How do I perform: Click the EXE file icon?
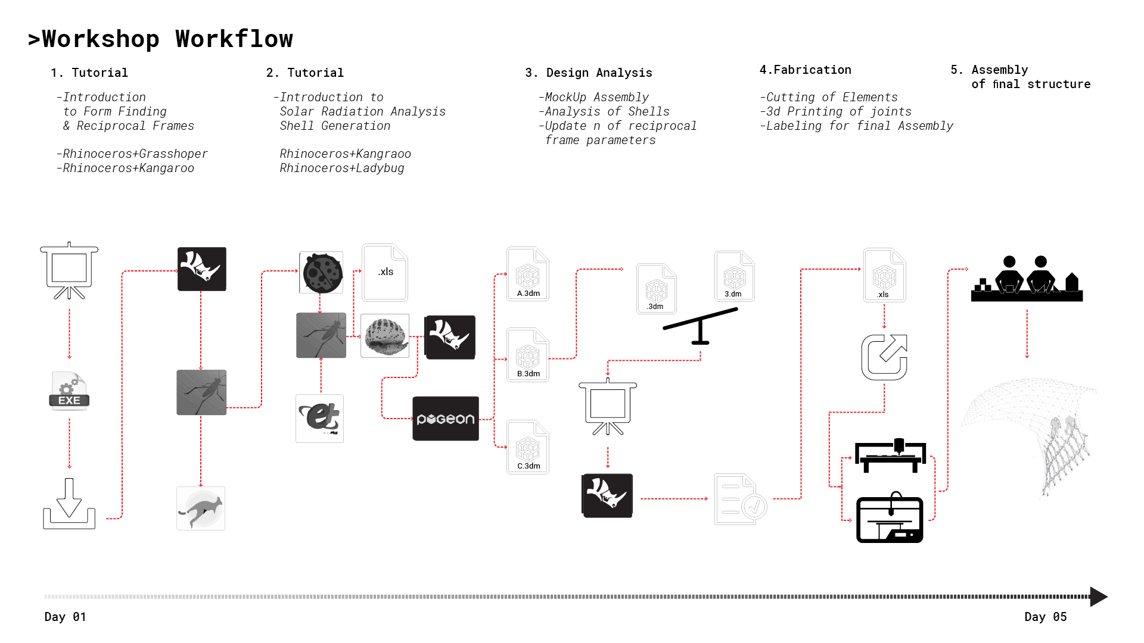click(x=69, y=391)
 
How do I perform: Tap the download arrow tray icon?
click(x=69, y=504)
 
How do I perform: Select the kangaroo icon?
click(x=201, y=508)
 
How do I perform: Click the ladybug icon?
click(x=322, y=273)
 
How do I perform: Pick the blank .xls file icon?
click(x=385, y=272)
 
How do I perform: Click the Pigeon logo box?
click(x=446, y=419)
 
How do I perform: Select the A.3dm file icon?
click(x=528, y=274)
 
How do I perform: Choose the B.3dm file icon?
click(x=528, y=354)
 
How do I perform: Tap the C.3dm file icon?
click(x=528, y=447)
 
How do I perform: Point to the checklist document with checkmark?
click(x=740, y=499)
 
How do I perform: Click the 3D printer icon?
click(x=890, y=517)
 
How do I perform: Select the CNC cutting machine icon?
click(x=890, y=455)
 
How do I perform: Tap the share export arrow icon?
click(x=884, y=357)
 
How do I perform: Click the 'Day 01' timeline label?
click(x=66, y=617)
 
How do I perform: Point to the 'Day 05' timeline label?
click(x=1046, y=617)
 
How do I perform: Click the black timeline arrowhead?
click(x=1098, y=597)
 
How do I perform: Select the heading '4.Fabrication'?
click(x=806, y=70)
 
